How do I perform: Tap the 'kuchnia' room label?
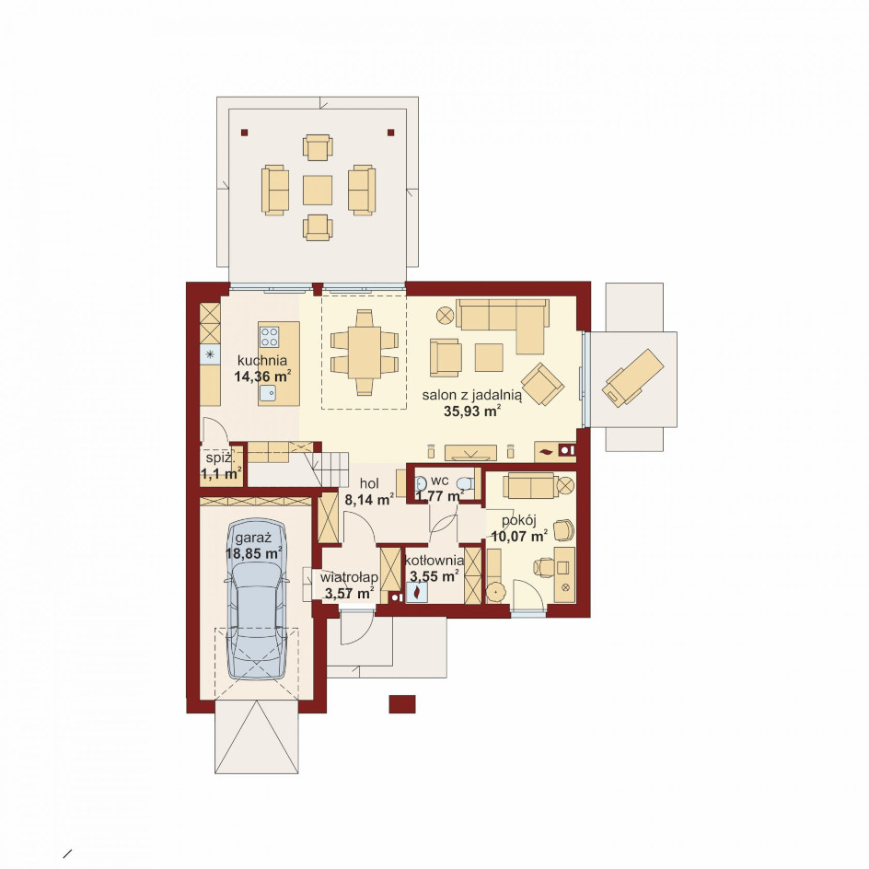pos(262,360)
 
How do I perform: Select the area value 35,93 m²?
pos(472,411)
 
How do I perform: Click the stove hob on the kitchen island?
pos(270,336)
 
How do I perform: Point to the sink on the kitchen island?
pos(268,392)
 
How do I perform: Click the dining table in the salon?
pos(365,353)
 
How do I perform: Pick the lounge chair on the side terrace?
pos(633,377)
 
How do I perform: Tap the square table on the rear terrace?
pos(318,190)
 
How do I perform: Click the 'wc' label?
pos(439,480)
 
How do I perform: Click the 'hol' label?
pos(369,483)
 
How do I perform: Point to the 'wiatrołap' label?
pos(349,577)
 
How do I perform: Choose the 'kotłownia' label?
pos(434,561)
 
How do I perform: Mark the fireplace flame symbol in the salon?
pos(547,452)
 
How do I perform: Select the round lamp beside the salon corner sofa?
pos(445,316)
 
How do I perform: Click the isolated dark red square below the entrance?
pos(401,704)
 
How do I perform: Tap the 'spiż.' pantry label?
pos(220,458)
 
